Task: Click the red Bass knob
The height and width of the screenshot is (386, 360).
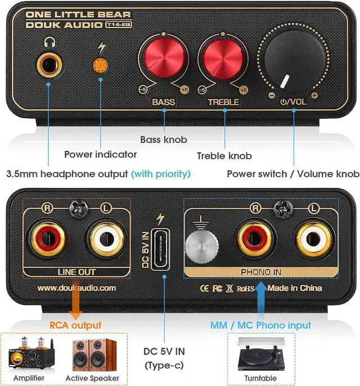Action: click(164, 59)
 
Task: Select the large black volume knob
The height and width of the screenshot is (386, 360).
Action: click(292, 62)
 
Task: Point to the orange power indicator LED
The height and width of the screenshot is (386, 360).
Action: click(101, 64)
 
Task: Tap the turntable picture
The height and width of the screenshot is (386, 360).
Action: click(260, 356)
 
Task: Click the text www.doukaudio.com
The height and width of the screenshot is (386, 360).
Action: click(76, 288)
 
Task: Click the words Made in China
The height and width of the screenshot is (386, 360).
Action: click(295, 288)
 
